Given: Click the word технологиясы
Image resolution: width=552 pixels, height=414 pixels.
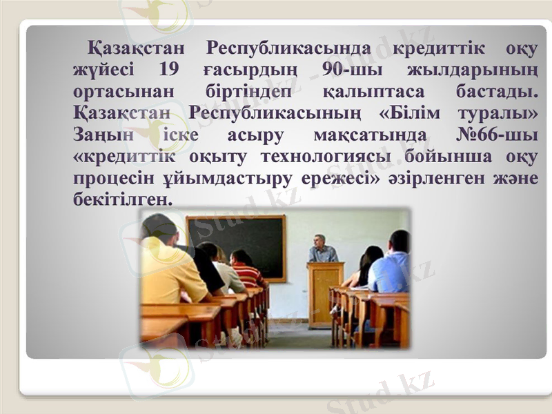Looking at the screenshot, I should [x=331, y=157].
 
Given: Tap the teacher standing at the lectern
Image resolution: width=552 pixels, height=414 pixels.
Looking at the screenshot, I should [x=323, y=250].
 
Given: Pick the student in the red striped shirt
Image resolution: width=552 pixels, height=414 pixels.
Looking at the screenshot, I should [x=246, y=269].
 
